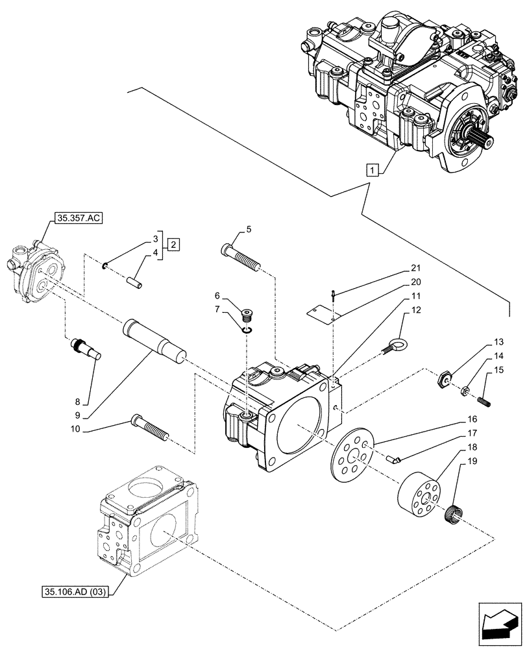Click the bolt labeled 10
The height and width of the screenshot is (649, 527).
tap(149, 428)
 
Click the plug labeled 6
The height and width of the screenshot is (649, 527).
tap(247, 316)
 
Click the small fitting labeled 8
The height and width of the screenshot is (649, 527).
tap(87, 349)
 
